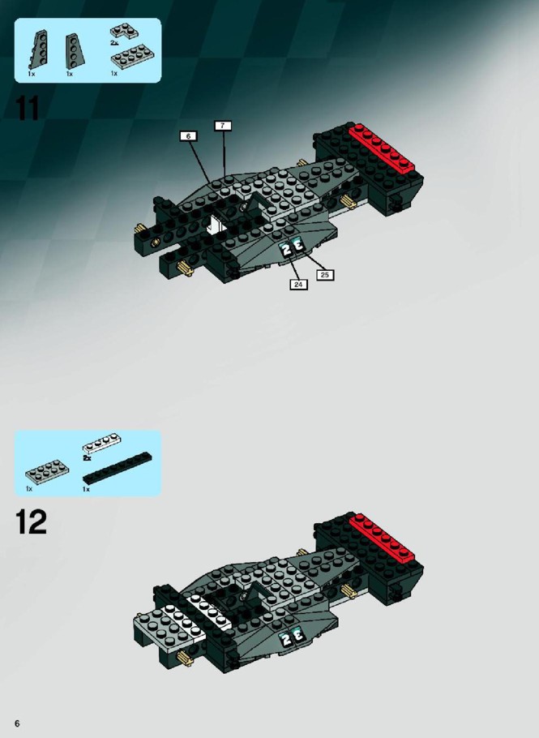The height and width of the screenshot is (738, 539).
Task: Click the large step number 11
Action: (28, 108)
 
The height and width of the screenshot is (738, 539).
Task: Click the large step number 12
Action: (31, 522)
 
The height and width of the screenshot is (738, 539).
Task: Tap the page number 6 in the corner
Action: (17, 723)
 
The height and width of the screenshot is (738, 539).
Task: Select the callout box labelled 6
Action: (188, 136)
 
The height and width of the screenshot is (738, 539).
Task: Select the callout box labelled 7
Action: (222, 126)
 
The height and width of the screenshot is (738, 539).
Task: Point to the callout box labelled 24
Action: (298, 285)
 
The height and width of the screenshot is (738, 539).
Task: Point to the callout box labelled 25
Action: (324, 275)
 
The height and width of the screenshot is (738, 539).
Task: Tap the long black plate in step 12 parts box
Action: (118, 468)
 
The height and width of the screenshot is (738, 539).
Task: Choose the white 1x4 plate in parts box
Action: (101, 444)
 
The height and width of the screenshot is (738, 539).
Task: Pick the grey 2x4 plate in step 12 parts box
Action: (47, 470)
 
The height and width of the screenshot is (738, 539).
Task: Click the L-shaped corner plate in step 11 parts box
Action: (125, 31)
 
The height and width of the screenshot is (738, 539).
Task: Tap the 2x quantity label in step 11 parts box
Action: (114, 42)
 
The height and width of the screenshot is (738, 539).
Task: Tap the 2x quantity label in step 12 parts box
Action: (87, 457)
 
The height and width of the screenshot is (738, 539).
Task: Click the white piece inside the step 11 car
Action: (218, 225)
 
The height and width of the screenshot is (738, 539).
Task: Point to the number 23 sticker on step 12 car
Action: (292, 637)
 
